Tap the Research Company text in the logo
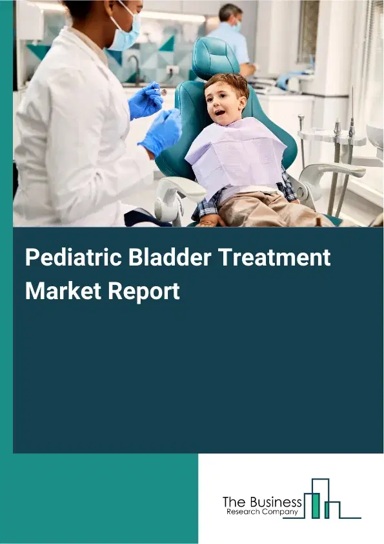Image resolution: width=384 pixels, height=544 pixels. pyautogui.click(x=261, y=512)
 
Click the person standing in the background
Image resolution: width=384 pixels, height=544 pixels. pyautogui.click(x=230, y=38)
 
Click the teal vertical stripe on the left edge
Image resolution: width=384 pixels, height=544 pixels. pyautogui.click(x=6, y=258)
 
